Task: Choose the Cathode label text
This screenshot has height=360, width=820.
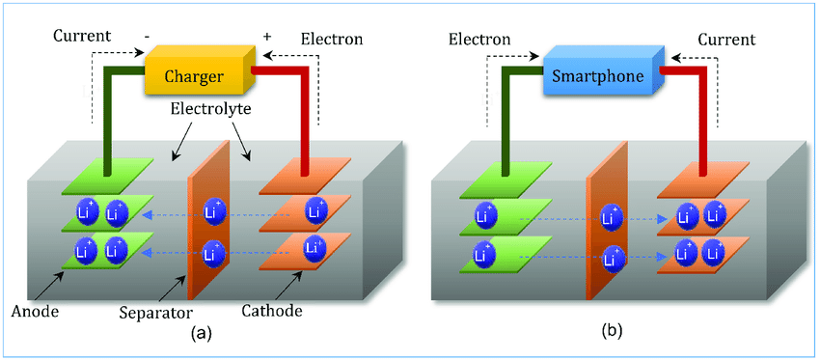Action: (x=272, y=312)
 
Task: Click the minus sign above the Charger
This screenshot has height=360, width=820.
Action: (x=148, y=37)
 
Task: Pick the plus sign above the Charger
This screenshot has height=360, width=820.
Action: (x=268, y=36)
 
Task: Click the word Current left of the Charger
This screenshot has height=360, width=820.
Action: (x=82, y=36)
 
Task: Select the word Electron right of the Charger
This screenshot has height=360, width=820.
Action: (x=331, y=39)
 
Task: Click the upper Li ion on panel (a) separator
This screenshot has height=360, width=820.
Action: (x=213, y=211)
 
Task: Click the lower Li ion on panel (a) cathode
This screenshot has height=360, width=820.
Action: (x=314, y=246)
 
